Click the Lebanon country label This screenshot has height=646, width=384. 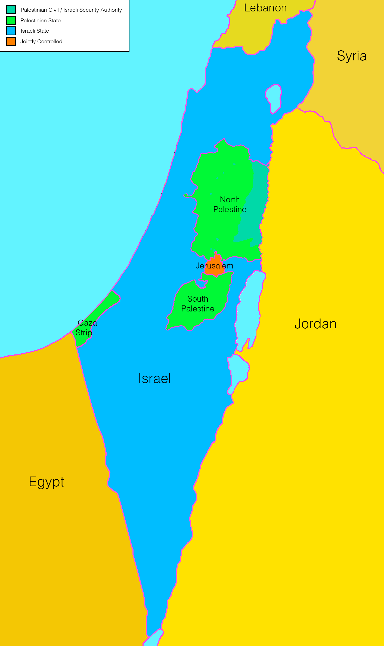[265, 8]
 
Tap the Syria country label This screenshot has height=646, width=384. [352, 56]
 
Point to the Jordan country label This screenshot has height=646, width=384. [315, 324]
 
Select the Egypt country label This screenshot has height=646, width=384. [47, 482]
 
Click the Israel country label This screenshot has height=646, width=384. [154, 378]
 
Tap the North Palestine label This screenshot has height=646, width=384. [230, 205]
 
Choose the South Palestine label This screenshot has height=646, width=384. [198, 304]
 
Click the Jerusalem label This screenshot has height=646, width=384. [214, 266]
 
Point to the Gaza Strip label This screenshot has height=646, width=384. [86, 328]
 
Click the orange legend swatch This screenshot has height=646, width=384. [11, 41]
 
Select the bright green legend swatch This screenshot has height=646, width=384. [11, 20]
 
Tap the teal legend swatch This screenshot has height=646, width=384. [11, 10]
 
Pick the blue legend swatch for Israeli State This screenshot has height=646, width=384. [11, 31]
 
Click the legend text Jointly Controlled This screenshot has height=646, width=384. [41, 41]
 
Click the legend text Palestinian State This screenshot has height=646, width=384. [41, 20]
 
